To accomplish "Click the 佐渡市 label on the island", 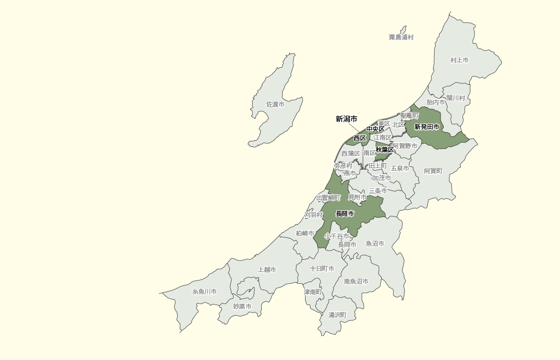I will click(x=275, y=105).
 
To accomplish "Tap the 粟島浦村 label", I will click(x=401, y=37).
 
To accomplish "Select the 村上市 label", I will click(x=459, y=60).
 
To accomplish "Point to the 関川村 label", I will click(x=455, y=98).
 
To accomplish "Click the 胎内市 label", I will click(x=436, y=102).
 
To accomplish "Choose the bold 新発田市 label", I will click(x=427, y=127).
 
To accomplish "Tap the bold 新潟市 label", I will click(x=346, y=119).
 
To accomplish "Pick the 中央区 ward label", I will click(x=375, y=129).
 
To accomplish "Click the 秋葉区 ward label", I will click(x=385, y=150).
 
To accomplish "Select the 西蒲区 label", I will click(x=350, y=154).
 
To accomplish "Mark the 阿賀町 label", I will click(x=433, y=171).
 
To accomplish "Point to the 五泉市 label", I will click(x=400, y=169).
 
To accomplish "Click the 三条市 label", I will click(x=378, y=190).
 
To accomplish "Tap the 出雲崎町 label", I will click(x=328, y=198).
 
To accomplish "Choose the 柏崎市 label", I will click(x=305, y=234).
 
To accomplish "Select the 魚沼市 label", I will click(x=375, y=244).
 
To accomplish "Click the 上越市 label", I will click(x=267, y=270).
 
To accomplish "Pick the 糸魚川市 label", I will click(x=204, y=292).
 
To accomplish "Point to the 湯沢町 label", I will click(x=337, y=315).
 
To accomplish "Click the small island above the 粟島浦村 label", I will click(x=404, y=29).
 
